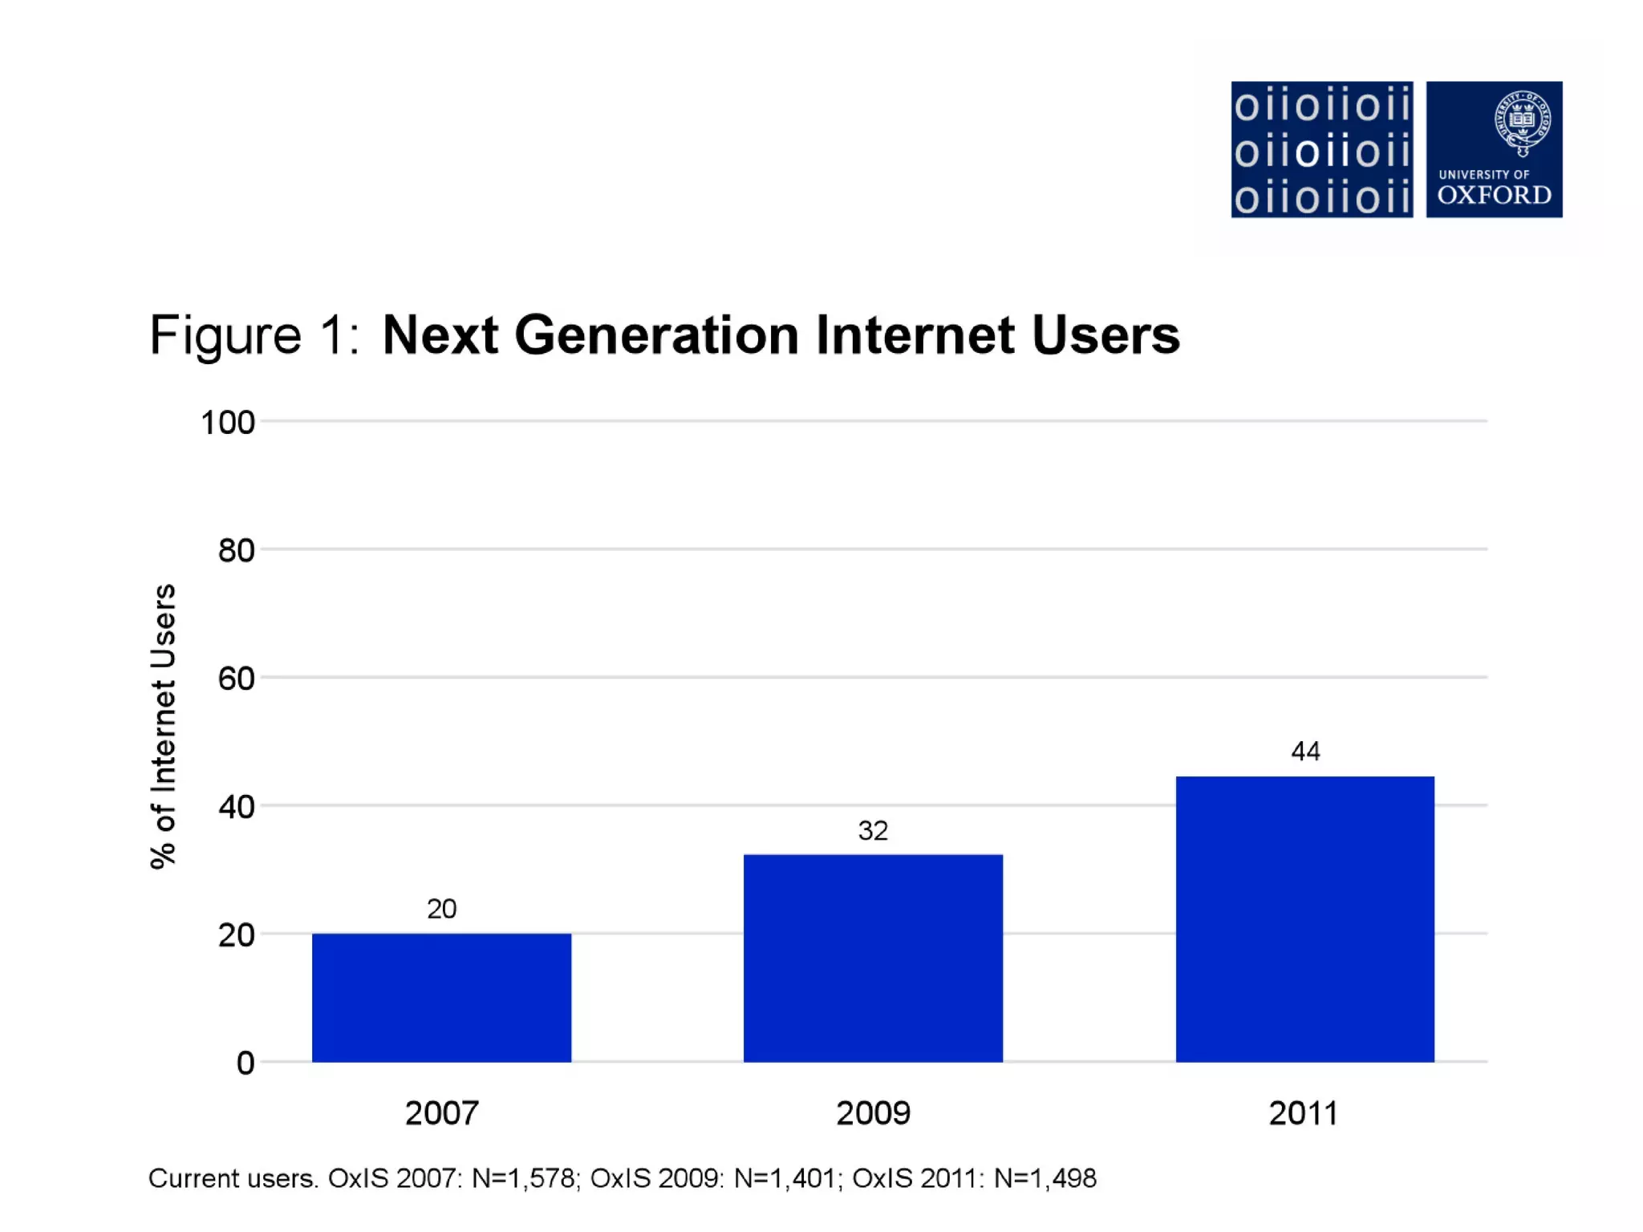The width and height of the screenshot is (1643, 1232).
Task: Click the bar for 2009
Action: tap(873, 958)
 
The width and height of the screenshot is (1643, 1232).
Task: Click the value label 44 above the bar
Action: tap(1305, 752)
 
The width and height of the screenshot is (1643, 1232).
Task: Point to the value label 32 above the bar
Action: tap(873, 830)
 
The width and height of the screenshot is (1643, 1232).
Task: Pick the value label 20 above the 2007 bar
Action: tap(441, 909)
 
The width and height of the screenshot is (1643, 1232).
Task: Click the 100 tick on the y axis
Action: tap(228, 423)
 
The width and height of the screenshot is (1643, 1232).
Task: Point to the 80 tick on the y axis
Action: tap(236, 551)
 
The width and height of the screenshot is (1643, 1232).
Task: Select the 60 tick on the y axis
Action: tap(236, 679)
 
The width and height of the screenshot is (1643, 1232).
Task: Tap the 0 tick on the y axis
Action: tap(245, 1064)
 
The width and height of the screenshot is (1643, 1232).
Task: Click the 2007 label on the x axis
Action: tap(441, 1113)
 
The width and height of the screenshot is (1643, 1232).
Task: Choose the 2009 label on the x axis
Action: tap(873, 1113)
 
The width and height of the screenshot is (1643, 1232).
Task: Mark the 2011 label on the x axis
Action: tap(1304, 1113)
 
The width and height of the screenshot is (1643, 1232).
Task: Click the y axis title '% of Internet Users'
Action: tap(163, 726)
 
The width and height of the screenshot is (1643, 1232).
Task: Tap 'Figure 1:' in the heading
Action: tap(254, 334)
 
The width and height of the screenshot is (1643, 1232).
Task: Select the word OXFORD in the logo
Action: tap(1494, 195)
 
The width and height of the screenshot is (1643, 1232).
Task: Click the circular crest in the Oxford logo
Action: tap(1522, 121)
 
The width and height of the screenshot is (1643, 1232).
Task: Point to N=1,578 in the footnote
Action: tap(523, 1178)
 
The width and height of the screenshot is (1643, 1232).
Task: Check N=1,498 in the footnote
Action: tap(1045, 1178)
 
